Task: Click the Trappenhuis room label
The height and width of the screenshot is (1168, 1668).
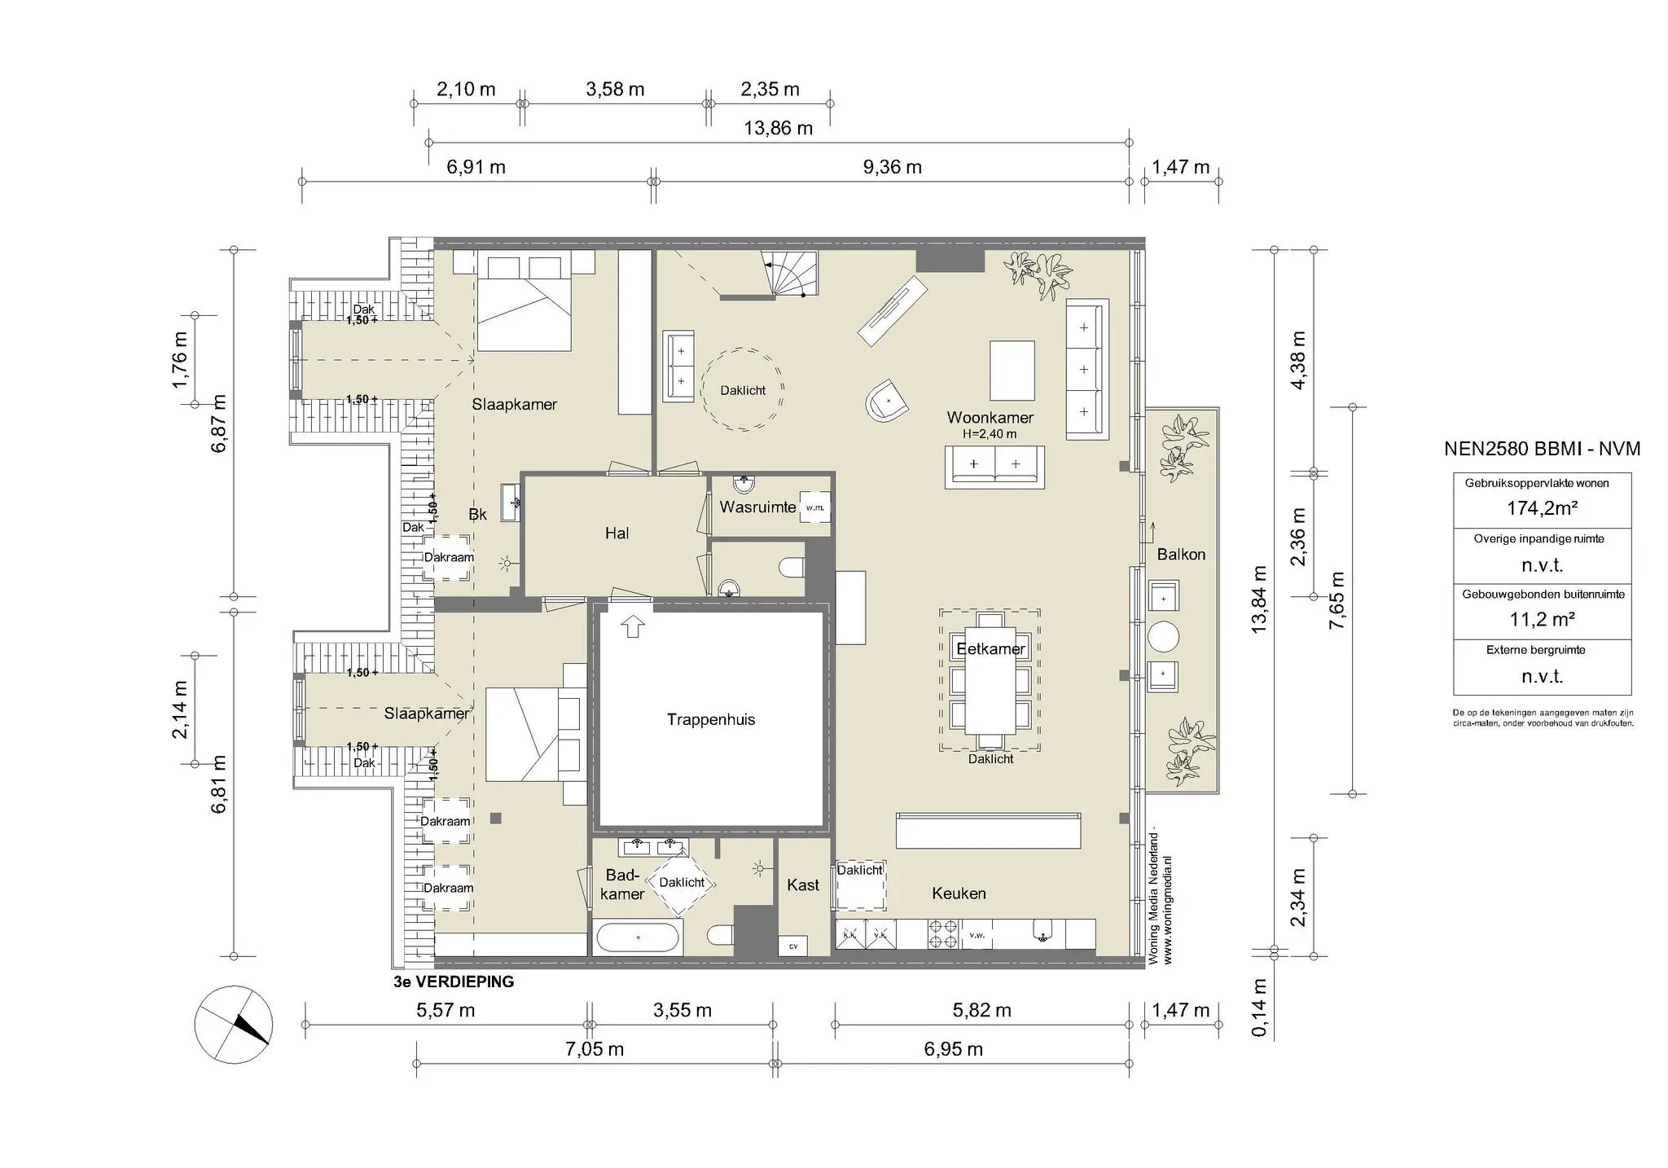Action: point(711,719)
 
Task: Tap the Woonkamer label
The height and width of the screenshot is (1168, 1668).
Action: point(990,418)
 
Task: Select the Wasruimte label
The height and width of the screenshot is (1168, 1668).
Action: point(757,507)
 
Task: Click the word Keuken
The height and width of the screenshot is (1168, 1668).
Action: point(959,894)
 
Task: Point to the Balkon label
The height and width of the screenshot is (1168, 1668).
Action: point(1181,555)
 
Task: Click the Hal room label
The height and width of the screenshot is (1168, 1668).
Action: point(617,534)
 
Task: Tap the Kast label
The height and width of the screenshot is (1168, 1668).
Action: point(803,885)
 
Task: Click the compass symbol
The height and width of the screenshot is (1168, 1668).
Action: point(233,1025)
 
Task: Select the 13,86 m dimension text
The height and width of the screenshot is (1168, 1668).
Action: point(778,128)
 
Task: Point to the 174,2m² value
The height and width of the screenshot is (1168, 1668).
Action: point(1542,508)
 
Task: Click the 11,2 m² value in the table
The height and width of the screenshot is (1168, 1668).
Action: point(1542,620)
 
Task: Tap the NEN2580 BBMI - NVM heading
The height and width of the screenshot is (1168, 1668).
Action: point(1542,449)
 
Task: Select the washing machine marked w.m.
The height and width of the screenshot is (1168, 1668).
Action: point(815,507)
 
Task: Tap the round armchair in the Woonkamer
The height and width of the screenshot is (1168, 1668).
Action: point(887,400)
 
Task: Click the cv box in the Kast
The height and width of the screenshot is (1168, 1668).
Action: point(793,946)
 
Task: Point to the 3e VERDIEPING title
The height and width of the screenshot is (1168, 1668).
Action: point(454,982)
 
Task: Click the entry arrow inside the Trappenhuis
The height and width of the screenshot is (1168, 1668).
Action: point(633,626)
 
